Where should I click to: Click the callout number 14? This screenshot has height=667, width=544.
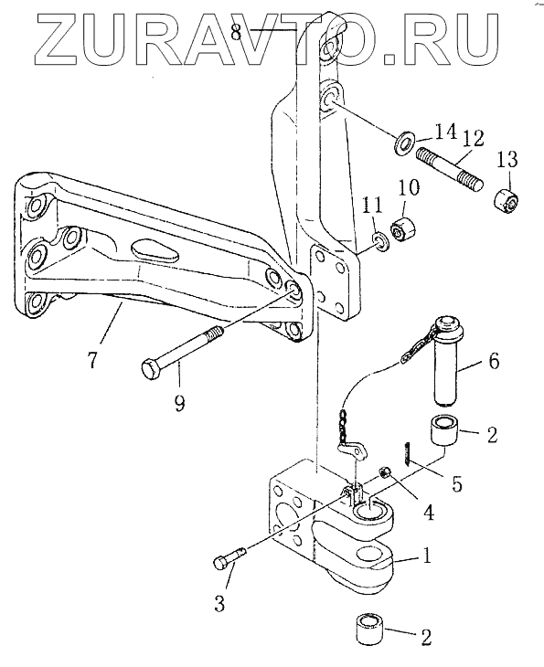coord(444,133)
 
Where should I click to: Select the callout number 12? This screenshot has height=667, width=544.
coord(473,140)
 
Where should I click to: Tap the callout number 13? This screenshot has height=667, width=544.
coord(507,160)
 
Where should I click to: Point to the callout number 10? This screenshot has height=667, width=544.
coord(408,187)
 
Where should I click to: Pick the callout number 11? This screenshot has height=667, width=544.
coord(372,206)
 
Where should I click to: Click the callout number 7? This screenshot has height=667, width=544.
coord(92,358)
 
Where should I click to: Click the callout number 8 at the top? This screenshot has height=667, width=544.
coord(237,32)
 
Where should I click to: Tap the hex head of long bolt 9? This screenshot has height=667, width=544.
coord(151,368)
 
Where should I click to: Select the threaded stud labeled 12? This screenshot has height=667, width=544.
coord(449,168)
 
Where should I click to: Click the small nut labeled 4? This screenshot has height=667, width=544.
coord(385,471)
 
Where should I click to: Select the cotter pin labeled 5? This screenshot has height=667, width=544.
coord(407,454)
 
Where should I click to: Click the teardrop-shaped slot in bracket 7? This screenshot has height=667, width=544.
coord(155,251)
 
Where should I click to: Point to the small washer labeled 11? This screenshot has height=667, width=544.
coord(380,241)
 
